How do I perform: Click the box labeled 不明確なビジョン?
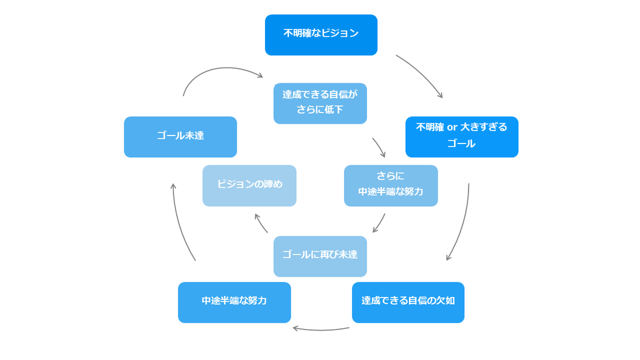(321, 35)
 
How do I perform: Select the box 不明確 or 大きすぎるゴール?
(462, 137)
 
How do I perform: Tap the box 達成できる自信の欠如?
(408, 302)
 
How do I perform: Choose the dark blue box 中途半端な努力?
(234, 302)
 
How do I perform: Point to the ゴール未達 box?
(180, 137)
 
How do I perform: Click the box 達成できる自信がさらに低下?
(320, 103)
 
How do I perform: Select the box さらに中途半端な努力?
(391, 186)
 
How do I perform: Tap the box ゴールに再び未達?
(320, 257)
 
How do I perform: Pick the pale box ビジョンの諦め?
(250, 186)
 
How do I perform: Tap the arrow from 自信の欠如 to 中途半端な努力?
(321, 330)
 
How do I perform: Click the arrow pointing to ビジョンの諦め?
(260, 222)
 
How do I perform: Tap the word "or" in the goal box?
(452, 127)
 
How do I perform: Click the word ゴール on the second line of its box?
(461, 143)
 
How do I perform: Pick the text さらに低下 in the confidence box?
(319, 109)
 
